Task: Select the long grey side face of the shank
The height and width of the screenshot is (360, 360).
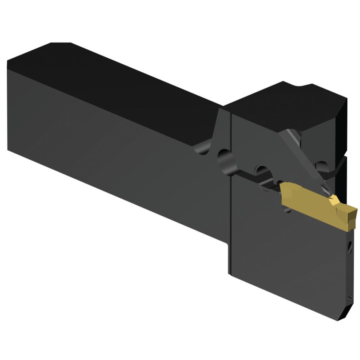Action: click(x=114, y=143)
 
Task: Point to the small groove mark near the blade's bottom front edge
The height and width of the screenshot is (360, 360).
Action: click(x=349, y=298)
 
